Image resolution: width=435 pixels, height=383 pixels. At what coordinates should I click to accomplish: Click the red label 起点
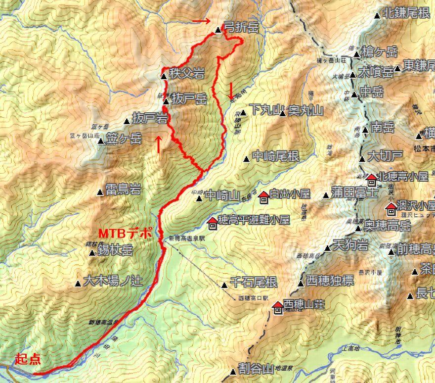tap(28, 359)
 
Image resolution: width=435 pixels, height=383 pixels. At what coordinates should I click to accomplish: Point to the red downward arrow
tap(231, 90)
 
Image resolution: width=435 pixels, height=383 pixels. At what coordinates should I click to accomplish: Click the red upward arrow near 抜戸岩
tap(158, 144)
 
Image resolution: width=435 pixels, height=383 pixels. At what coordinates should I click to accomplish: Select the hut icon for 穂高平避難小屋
tap(213, 223)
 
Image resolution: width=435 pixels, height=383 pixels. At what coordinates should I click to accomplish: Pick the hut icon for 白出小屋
tap(263, 197)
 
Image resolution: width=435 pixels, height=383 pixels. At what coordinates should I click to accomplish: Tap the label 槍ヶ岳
tap(382, 51)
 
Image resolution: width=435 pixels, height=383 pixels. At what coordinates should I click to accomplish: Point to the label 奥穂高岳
tap(388, 227)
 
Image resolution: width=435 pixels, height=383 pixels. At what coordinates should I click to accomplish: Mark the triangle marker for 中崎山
tap(199, 199)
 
